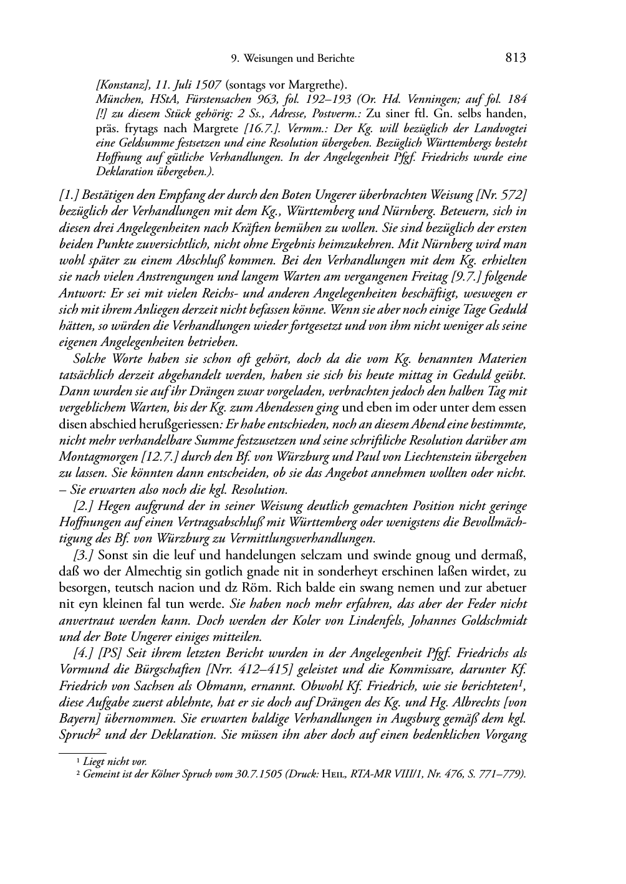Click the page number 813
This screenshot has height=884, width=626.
tap(516, 58)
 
